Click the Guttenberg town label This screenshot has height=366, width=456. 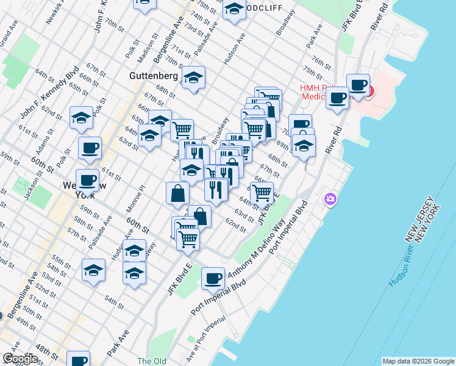(x=153, y=76)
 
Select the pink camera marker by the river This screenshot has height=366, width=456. (x=330, y=199)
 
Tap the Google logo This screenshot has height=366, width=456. (x=20, y=358)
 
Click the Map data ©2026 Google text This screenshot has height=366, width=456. (x=418, y=361)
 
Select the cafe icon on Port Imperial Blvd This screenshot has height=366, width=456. (x=213, y=278)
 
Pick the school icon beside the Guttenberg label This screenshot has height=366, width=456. (x=193, y=77)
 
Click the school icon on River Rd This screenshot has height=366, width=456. (x=303, y=145)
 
